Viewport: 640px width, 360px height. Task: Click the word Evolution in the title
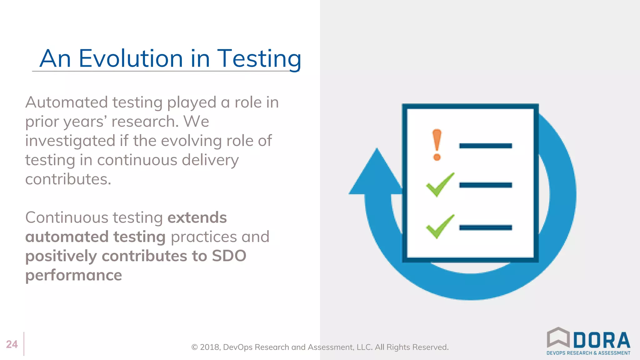click(x=130, y=58)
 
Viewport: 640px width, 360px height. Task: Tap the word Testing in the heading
click(x=259, y=58)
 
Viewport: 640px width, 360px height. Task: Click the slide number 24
click(x=12, y=344)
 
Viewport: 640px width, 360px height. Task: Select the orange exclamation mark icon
click(x=437, y=145)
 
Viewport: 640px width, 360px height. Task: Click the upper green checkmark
click(x=440, y=185)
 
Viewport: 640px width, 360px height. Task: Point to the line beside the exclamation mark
click(x=485, y=146)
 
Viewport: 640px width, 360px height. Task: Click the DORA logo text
click(x=602, y=340)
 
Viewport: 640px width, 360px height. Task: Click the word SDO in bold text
click(x=229, y=256)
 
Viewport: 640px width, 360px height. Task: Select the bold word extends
click(x=197, y=217)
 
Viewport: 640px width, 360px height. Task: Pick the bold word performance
click(x=73, y=275)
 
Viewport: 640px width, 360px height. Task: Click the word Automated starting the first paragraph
click(x=67, y=102)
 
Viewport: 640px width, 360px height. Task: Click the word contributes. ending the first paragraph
click(x=68, y=179)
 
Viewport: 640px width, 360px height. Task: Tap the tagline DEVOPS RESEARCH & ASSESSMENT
click(x=588, y=353)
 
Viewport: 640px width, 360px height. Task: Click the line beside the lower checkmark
click(x=485, y=227)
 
